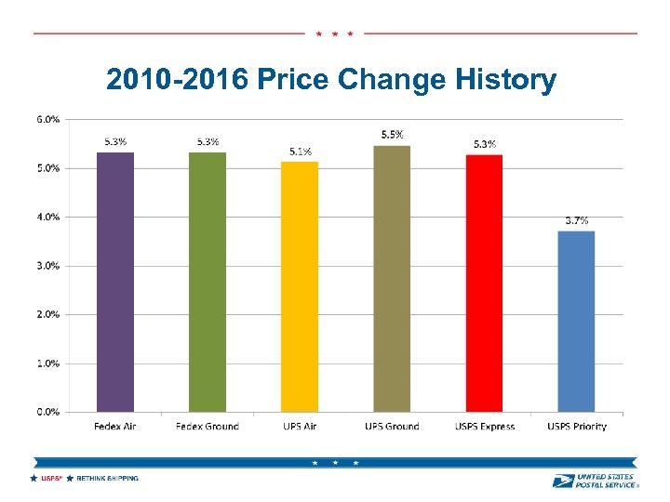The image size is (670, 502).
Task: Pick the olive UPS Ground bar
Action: [392, 279]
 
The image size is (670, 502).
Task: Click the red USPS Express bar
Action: [484, 283]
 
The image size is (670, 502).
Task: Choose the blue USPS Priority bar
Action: [576, 322]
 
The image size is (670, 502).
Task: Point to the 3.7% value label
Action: [577, 220]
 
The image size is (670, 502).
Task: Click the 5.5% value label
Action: [392, 135]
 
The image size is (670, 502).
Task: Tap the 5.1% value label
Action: [301, 151]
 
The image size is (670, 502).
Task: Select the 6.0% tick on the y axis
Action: [48, 119]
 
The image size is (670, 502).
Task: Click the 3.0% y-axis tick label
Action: [48, 266]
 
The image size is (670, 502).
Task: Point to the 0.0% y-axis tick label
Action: [48, 412]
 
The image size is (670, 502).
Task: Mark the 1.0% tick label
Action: [48, 363]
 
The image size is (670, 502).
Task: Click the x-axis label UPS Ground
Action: [392, 427]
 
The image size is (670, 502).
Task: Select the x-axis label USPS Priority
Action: [577, 427]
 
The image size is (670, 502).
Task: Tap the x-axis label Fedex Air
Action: [115, 427]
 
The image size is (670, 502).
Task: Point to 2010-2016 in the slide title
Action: [176, 81]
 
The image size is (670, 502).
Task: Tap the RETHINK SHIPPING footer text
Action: [107, 479]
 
